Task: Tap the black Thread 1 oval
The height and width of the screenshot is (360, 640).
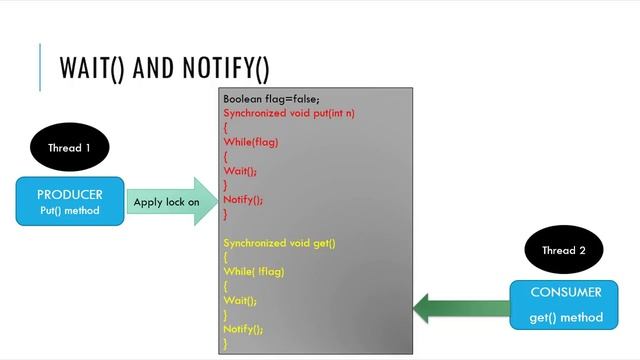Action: click(x=69, y=148)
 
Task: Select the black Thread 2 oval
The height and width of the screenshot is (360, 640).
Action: click(x=564, y=251)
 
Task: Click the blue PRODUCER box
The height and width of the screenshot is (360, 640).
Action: click(x=70, y=201)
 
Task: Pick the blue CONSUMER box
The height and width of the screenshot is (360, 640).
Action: click(x=566, y=305)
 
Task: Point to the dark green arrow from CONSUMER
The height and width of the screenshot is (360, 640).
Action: click(x=460, y=307)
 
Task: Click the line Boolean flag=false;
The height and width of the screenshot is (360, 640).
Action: click(x=271, y=99)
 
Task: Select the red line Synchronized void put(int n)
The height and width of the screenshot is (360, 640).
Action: click(x=289, y=113)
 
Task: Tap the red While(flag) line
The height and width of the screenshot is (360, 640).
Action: click(x=251, y=142)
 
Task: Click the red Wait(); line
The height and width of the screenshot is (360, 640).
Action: click(x=240, y=171)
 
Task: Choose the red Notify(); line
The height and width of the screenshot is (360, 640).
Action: click(x=243, y=200)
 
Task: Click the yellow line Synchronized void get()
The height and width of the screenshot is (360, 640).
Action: click(x=279, y=243)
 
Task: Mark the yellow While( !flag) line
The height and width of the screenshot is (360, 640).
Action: click(x=254, y=272)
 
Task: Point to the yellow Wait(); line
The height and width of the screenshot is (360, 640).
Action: click(x=240, y=300)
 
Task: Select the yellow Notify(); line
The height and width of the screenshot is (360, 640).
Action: click(x=243, y=329)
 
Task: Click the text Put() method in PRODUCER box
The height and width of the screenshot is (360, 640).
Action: click(x=70, y=210)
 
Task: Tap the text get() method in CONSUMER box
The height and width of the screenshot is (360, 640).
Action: click(x=566, y=318)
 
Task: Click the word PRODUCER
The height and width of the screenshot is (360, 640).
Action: click(x=70, y=194)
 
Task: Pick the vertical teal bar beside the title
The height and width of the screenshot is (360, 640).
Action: click(x=41, y=67)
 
